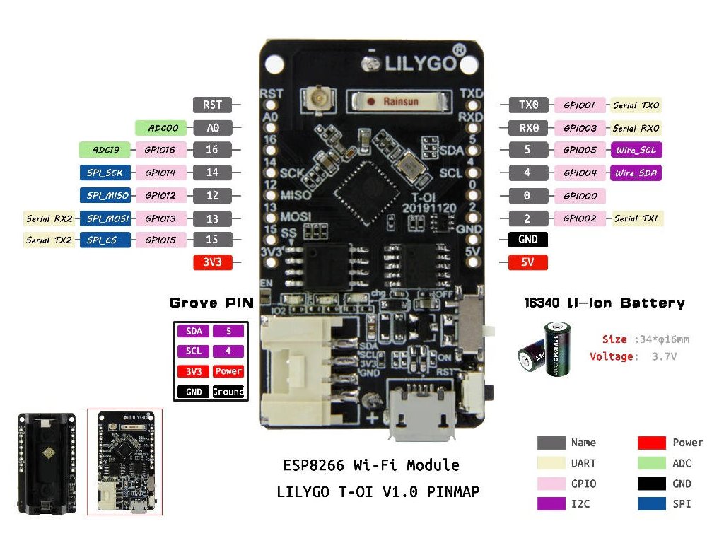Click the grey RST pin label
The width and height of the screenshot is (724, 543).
click(212, 105)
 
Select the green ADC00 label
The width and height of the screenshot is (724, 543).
click(162, 128)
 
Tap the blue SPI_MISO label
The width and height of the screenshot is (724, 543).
click(105, 195)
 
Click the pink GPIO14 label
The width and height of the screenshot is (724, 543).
click(160, 173)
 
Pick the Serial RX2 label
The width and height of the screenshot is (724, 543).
click(49, 218)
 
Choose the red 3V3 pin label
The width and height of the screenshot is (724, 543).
click(212, 262)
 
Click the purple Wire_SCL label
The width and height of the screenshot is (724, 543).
click(638, 150)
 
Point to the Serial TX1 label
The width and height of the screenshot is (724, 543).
click(636, 218)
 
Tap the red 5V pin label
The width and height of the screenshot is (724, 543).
click(528, 262)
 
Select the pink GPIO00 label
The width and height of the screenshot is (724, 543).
click(580, 196)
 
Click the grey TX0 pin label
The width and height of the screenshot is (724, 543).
click(528, 105)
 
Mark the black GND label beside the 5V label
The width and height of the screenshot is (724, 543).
click(528, 240)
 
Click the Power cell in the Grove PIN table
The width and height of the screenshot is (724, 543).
click(228, 371)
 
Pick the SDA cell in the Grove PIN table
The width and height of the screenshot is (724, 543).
click(193, 331)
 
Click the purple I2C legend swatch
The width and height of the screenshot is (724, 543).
click(551, 504)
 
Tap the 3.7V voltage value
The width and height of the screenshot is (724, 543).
click(664, 356)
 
